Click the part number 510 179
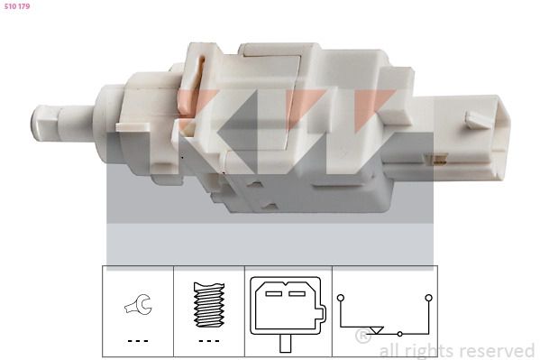17,6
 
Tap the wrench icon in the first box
138,304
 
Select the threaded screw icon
209,305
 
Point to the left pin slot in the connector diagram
274,294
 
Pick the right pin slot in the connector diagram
297,294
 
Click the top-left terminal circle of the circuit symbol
341,298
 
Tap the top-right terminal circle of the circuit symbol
429,298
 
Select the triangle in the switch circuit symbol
377,330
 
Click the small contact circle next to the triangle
400,334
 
